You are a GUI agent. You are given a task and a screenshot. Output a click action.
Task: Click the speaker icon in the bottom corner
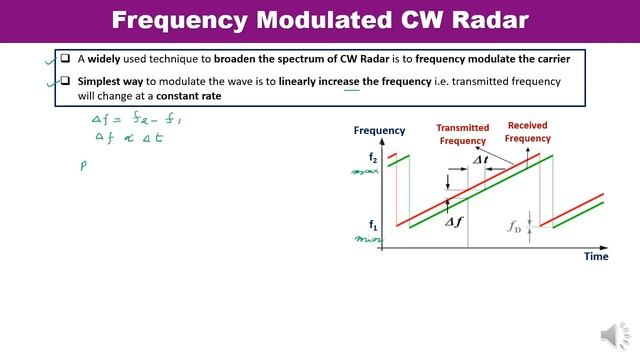(x=611, y=336)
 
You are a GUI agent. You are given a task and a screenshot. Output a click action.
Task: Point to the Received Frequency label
(x=527, y=132)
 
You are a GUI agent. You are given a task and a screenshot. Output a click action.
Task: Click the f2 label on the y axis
(x=373, y=158)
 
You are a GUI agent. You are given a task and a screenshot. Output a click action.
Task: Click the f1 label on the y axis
(x=373, y=226)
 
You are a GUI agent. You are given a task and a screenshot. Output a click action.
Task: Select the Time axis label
(x=596, y=257)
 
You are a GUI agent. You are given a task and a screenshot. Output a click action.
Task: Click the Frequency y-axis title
(x=379, y=130)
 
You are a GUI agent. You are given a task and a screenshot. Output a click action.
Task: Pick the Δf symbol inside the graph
(x=455, y=222)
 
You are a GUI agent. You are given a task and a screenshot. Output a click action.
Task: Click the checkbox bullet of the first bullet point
(x=36, y=58)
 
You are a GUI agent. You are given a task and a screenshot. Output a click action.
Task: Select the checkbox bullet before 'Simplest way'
(x=36, y=80)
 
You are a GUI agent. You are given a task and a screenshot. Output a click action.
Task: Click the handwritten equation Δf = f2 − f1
(x=125, y=118)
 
